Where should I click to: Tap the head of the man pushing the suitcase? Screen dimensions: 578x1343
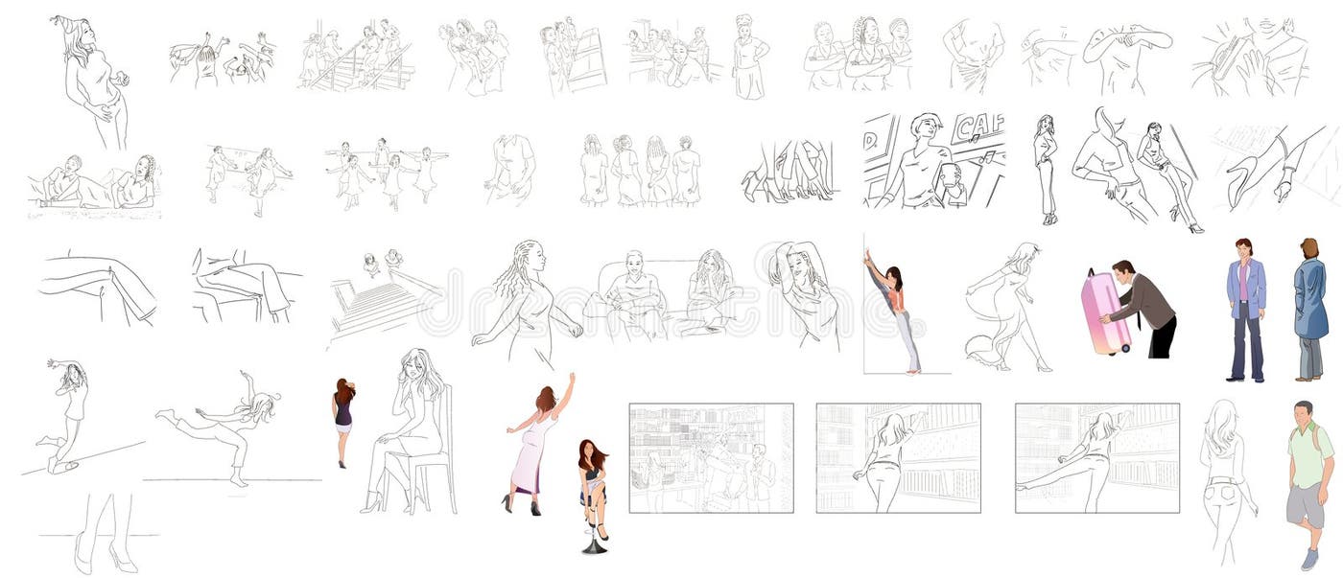1123,270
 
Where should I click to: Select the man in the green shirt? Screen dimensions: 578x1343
1308,479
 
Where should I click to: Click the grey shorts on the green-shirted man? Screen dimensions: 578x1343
1306,505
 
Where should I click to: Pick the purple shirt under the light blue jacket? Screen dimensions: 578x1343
1244,288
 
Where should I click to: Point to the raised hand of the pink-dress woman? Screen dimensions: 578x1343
571,378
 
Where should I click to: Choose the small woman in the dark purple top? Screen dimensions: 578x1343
343,417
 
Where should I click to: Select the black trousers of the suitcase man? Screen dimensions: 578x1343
1162,336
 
